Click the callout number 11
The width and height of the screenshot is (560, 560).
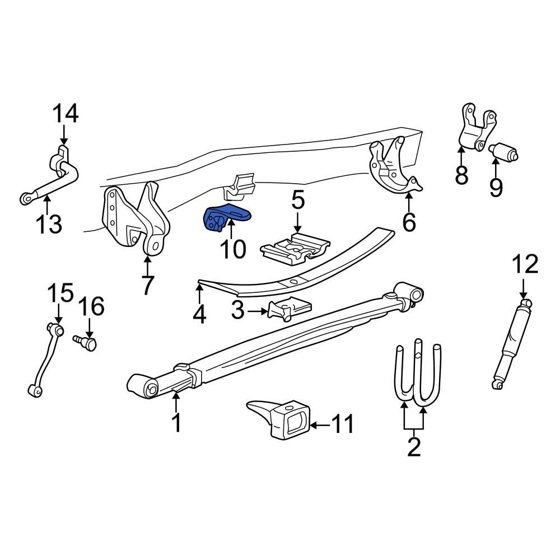coord(342,425)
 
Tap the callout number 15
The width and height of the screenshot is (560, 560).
coord(60,293)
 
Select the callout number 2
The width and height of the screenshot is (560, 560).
coord(414,447)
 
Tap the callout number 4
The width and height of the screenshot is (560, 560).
coord(199,314)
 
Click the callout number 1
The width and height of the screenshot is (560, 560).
coord(176,422)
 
